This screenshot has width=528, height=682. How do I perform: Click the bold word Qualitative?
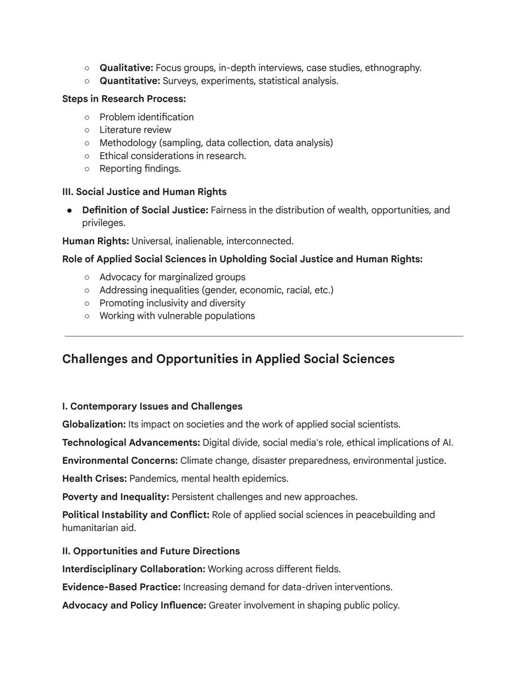tap(126, 68)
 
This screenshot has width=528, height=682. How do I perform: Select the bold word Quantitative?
tap(130, 81)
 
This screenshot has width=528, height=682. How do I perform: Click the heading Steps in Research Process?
tap(124, 99)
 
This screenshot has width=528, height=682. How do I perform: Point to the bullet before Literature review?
tap(87, 130)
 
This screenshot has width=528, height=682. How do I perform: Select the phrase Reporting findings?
tap(140, 169)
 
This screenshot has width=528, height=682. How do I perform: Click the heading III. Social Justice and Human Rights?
tap(144, 192)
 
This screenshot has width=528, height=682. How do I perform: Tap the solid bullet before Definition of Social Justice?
tap(70, 210)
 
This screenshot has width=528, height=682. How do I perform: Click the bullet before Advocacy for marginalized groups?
tap(87, 277)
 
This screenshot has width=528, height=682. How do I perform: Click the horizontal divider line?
tap(264, 336)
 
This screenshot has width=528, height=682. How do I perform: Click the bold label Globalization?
tap(94, 425)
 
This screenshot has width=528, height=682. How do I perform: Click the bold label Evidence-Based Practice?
tap(121, 587)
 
